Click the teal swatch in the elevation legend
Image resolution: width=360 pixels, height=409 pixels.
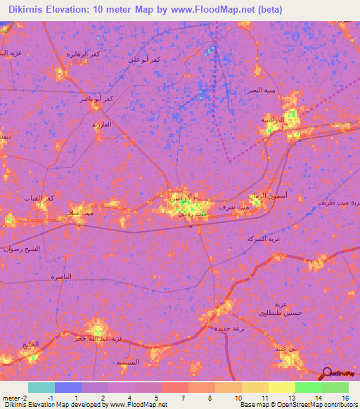click(41, 387)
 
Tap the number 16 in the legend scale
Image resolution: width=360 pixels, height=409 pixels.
click(345, 398)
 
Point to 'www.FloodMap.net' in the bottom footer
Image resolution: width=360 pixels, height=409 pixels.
click(137, 405)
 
